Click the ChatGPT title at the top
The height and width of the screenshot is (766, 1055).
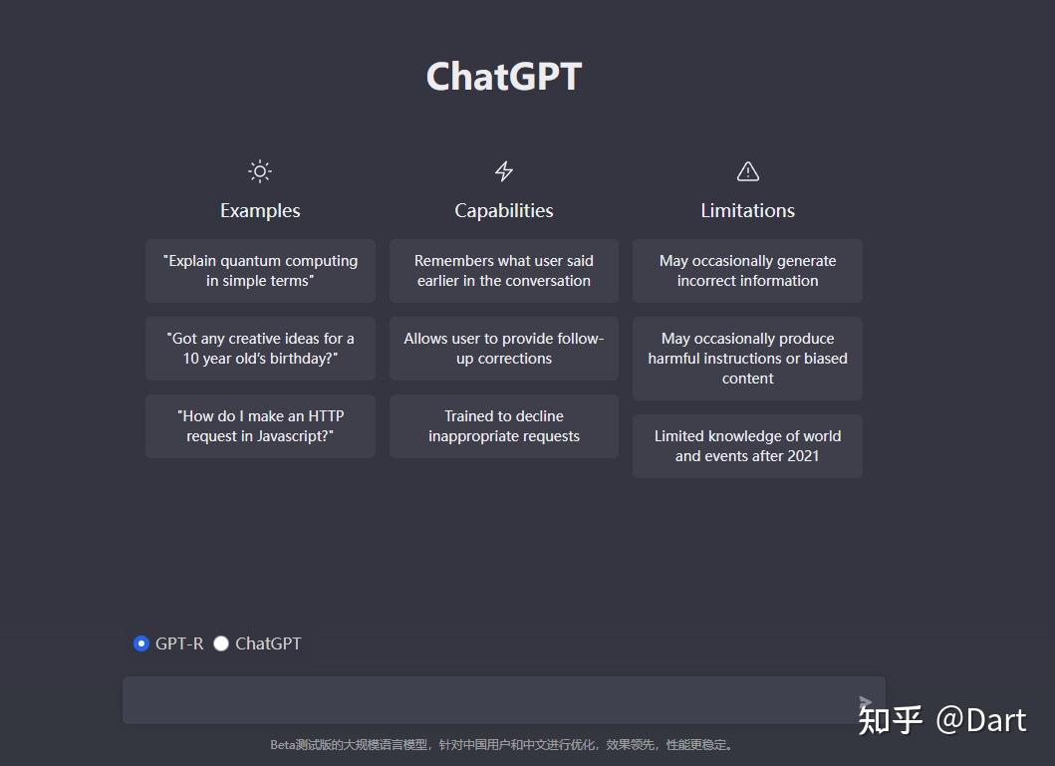coord(503,77)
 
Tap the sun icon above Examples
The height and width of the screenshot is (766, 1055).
coord(260,171)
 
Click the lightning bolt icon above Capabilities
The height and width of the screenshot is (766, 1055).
coord(504,171)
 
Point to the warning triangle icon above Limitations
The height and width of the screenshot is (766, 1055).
coord(747,171)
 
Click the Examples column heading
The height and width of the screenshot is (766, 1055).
coord(260,210)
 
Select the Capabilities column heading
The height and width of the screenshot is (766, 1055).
coord(504,210)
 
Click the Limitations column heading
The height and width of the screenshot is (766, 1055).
coord(747,210)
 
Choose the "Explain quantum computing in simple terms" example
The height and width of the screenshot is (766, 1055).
coord(260,271)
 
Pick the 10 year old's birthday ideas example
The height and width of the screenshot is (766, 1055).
coord(260,349)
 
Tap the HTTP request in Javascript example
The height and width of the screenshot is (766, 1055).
coord(260,426)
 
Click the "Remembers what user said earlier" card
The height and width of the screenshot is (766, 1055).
coord(504,271)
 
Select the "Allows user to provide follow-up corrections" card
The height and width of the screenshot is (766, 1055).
coord(504,349)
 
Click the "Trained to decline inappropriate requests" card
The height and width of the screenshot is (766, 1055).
coord(504,426)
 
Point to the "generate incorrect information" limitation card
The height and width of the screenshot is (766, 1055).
coord(747,271)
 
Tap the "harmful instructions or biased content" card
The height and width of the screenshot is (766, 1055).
coord(747,359)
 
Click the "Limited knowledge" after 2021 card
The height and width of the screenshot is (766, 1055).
coord(747,446)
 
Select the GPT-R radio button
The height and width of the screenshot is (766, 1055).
coord(141,643)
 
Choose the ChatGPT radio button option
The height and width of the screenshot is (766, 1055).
coord(221,643)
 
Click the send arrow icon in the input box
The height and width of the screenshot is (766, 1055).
coord(865,703)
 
